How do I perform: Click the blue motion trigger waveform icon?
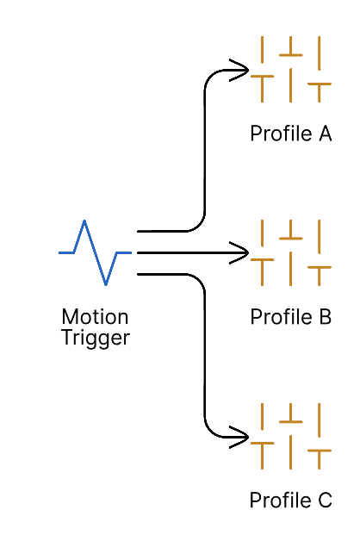pos(95,252)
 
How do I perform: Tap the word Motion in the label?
pos(95,317)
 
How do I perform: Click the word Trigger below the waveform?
pos(95,338)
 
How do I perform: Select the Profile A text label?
pos(290,134)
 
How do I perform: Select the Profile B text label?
pos(290,317)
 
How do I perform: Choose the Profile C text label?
pos(290,501)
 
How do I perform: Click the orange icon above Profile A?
pos(290,69)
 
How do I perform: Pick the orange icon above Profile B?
pos(290,252)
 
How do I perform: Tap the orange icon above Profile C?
pos(290,436)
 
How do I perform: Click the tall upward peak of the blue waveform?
pos(84,223)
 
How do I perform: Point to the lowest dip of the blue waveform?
pos(106,283)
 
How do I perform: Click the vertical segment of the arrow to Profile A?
pos(204,151)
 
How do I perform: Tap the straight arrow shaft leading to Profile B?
pos(185,253)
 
